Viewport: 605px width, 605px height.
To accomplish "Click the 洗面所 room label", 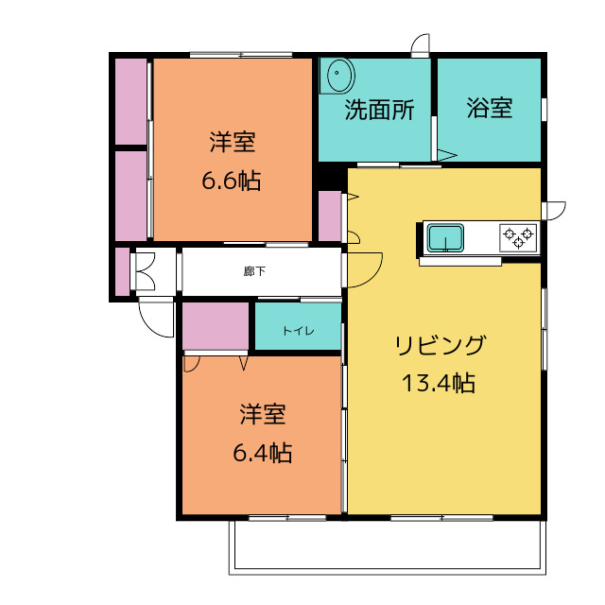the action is (x=379, y=110).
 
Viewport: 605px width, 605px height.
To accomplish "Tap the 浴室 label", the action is (x=490, y=108).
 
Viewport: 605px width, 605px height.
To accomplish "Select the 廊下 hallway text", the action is (x=254, y=271).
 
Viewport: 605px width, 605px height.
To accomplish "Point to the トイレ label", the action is (x=299, y=331).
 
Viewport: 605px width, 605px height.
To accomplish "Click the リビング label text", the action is (x=440, y=345).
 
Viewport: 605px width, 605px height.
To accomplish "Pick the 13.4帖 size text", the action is (x=439, y=383).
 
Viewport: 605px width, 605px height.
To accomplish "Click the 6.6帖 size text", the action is (x=232, y=181).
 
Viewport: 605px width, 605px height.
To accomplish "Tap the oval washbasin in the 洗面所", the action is (x=341, y=76).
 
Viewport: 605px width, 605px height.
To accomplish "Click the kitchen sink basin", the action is (x=445, y=237).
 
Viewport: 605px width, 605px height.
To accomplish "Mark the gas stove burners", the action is (x=518, y=237).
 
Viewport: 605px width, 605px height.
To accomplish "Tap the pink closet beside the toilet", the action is (x=216, y=326).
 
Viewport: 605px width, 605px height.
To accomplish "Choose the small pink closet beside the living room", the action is (x=330, y=216).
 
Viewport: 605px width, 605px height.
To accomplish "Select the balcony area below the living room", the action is (x=388, y=547).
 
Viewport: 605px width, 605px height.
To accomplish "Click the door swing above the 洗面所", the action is (x=421, y=43).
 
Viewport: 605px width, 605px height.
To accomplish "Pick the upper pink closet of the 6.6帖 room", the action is (x=131, y=101).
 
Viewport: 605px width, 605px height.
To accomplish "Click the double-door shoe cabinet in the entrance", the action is (x=146, y=271).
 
